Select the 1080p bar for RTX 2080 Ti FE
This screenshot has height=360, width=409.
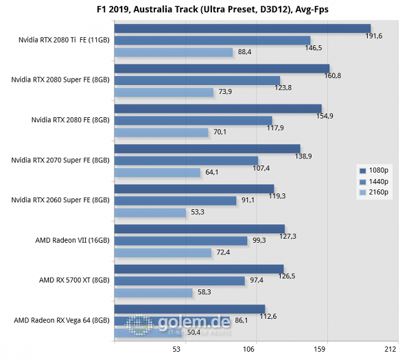(243, 28)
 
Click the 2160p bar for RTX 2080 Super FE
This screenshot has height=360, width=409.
(164, 92)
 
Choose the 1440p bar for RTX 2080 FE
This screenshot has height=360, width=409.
(194, 120)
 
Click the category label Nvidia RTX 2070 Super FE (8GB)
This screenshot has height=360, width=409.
(60, 160)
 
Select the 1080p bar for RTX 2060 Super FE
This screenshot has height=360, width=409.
(194, 189)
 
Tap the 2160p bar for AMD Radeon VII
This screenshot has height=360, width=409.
(163, 252)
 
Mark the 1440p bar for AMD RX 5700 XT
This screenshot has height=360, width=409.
(180, 280)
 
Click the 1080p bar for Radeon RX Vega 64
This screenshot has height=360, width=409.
(189, 309)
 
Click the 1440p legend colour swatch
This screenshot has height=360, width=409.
(362, 181)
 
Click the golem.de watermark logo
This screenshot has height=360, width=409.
(178, 324)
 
